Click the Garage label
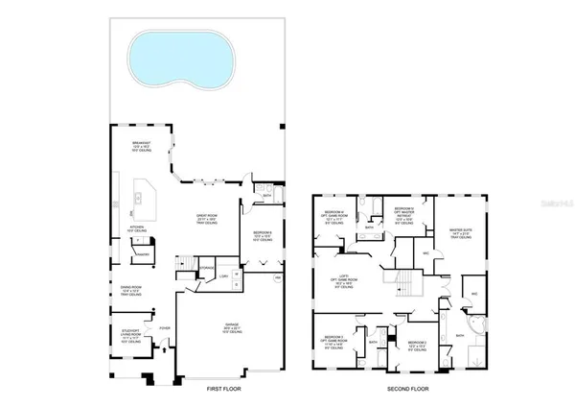pos(233,328)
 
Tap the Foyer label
pos(164,327)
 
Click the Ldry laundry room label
pos(224,275)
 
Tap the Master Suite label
pos(461,231)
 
